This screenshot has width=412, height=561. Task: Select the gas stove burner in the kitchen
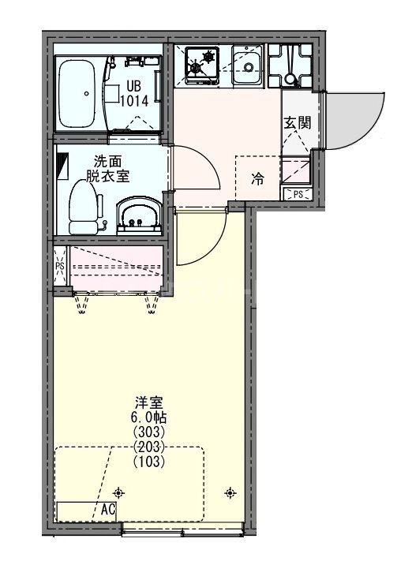[x=203, y=63]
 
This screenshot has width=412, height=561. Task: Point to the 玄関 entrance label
[x=298, y=122]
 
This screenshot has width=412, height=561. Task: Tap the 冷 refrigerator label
[x=257, y=179]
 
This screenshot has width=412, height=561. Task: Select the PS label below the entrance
[x=298, y=193]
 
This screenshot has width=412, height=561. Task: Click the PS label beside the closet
[x=60, y=267]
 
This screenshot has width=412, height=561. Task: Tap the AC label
[x=108, y=510]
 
